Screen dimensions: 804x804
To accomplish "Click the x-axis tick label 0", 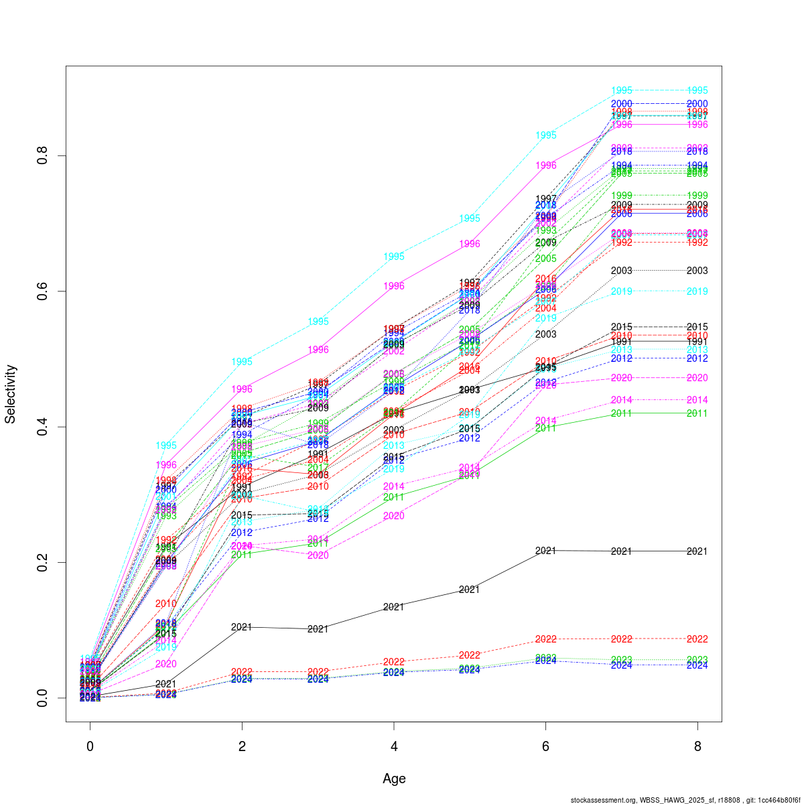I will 90,746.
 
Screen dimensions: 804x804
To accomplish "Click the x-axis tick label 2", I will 242,746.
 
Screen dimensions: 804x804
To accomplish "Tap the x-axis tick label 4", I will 394,746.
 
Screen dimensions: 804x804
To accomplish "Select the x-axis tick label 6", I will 545,746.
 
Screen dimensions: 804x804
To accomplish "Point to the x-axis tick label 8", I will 697,746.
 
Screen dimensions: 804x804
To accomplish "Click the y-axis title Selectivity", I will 11,394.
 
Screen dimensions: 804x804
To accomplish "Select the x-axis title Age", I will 394,779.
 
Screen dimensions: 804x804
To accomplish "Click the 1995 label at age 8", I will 697,90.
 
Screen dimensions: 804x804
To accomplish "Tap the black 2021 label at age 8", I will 697,551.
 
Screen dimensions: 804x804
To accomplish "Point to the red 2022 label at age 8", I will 697,639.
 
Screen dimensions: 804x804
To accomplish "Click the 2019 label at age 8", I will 697,291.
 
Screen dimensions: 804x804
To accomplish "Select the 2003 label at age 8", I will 697,271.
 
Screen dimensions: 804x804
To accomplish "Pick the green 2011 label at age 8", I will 697,413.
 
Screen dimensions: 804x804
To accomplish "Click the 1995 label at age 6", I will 545,135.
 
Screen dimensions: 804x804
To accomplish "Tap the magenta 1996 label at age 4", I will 394,286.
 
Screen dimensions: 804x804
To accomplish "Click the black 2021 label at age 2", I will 242,627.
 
